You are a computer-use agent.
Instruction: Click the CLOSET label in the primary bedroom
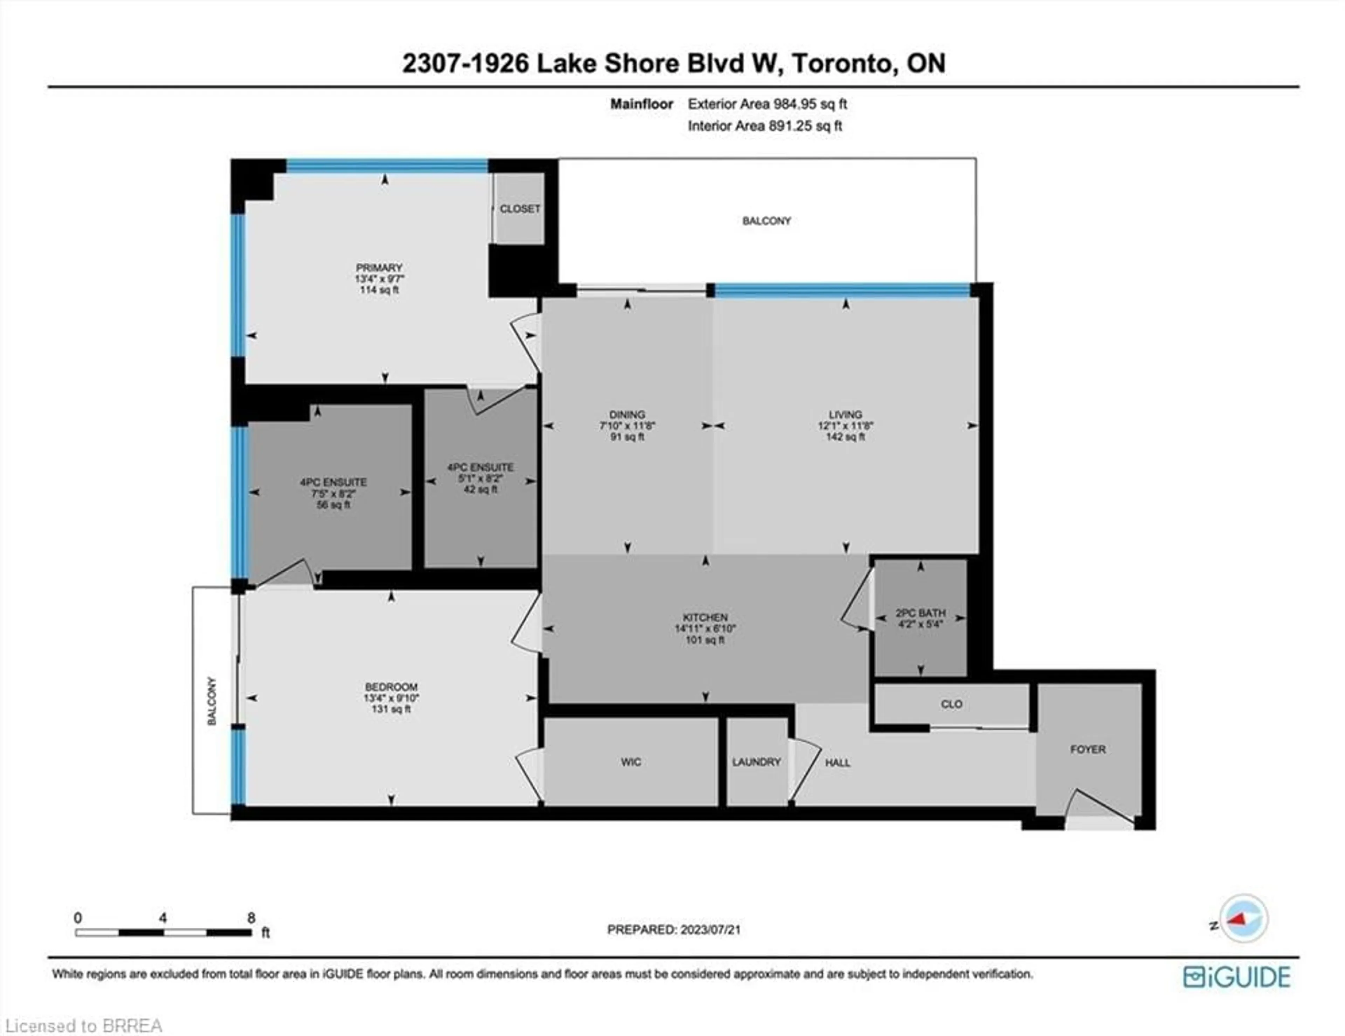(520, 209)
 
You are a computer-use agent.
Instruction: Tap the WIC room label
(630, 762)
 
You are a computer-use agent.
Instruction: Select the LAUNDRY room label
(756, 762)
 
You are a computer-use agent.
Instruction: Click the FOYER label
(1088, 749)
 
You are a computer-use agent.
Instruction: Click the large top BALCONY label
(766, 221)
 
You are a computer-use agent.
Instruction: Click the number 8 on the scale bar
(251, 918)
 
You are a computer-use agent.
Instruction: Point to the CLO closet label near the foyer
(951, 704)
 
